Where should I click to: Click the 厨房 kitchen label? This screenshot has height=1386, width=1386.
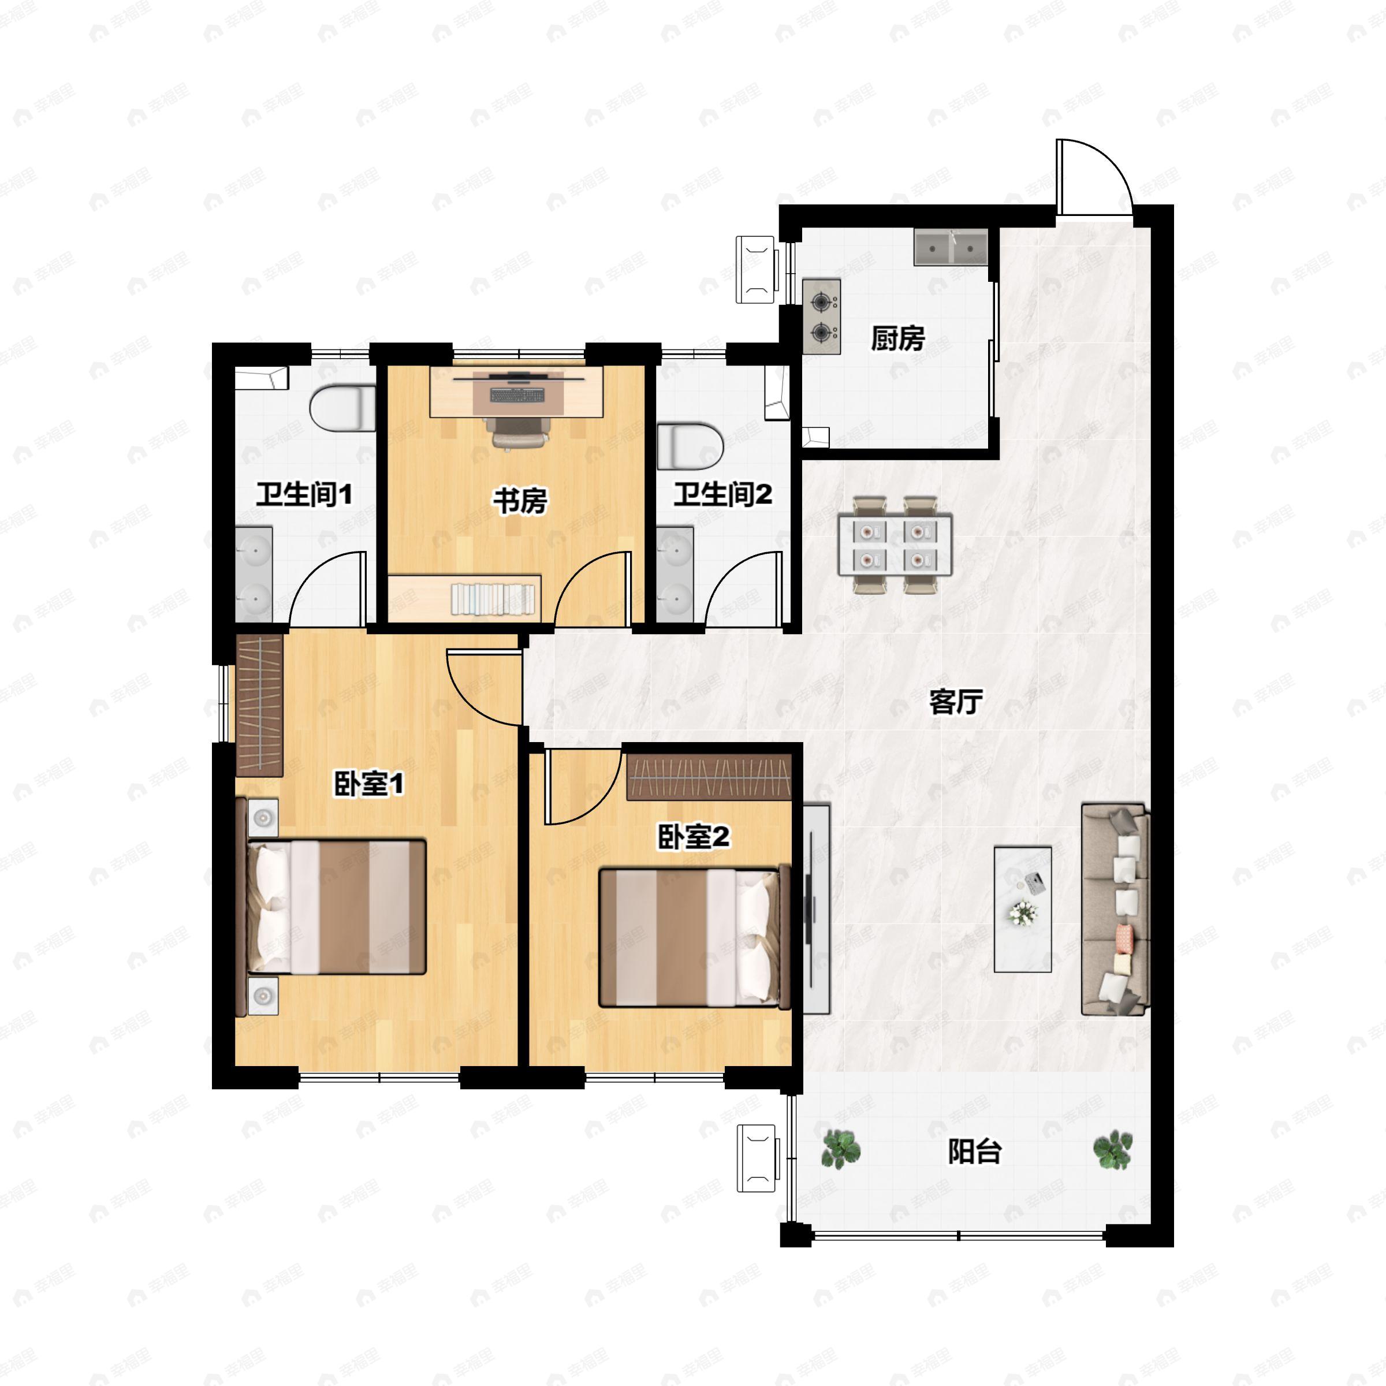[x=897, y=338]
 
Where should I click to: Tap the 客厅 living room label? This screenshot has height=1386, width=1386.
[x=956, y=702]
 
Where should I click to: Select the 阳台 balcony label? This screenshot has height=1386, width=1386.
[x=974, y=1152]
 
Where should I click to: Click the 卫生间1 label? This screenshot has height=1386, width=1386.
[x=304, y=494]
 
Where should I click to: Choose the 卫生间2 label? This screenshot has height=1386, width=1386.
[x=722, y=494]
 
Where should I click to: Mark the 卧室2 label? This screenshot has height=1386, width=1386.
[x=694, y=836]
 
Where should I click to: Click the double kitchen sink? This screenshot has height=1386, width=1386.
[x=951, y=248]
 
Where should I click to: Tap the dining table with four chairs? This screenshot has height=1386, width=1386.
[x=895, y=545]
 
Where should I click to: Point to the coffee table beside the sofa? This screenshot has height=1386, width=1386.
[x=1023, y=910]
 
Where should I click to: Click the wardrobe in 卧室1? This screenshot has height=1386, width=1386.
[x=260, y=705]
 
